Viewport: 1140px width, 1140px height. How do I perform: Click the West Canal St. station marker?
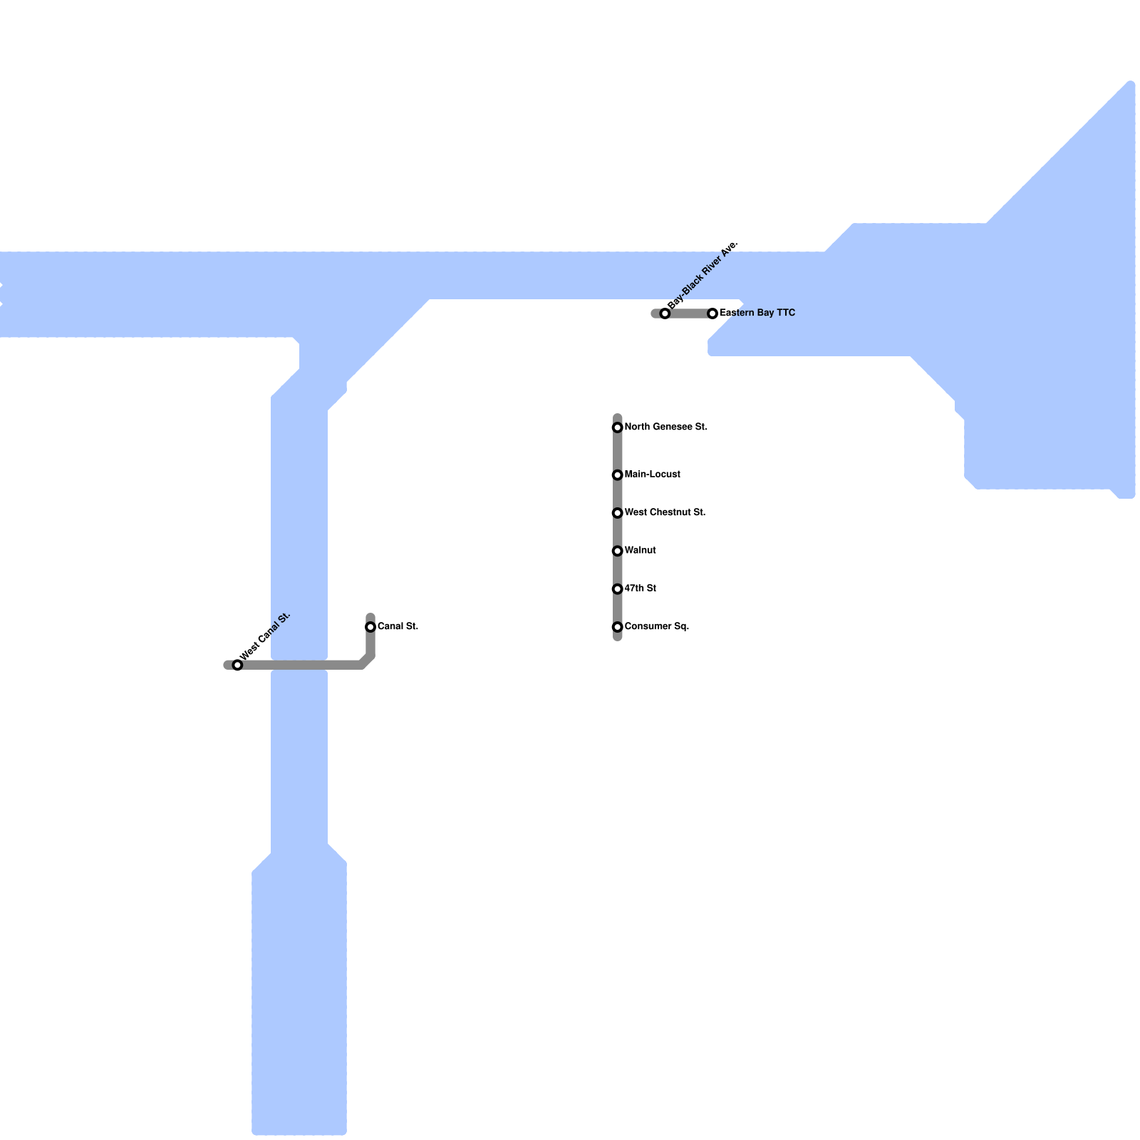pos(237,665)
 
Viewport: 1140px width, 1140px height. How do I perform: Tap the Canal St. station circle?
pos(370,627)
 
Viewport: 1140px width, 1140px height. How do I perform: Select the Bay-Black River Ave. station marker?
pos(665,313)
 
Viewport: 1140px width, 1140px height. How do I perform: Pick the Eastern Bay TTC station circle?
pos(712,313)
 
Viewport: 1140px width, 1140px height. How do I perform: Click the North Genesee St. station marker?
pos(618,427)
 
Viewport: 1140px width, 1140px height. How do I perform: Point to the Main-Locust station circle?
pos(618,475)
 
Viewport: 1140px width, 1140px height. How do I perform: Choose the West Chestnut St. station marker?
pos(618,513)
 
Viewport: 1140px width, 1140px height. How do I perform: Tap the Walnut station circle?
pos(618,551)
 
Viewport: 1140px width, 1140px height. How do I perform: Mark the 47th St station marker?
pos(618,589)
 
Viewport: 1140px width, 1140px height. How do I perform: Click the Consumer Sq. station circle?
pos(618,627)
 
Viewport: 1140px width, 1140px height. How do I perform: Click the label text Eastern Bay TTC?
pos(757,313)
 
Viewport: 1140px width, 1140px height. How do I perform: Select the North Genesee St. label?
pos(665,427)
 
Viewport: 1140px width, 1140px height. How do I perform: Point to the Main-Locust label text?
pos(653,475)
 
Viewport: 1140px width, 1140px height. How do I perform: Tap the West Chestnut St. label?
pos(665,512)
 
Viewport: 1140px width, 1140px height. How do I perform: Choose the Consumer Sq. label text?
pos(657,626)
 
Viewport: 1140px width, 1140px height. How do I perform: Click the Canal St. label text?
pos(398,626)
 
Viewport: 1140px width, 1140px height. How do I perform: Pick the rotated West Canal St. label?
pos(266,636)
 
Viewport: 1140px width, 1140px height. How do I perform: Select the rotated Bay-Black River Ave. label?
pos(703,275)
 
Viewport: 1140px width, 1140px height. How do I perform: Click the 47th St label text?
pos(640,589)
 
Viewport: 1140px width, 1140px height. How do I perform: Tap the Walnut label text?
pos(640,550)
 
